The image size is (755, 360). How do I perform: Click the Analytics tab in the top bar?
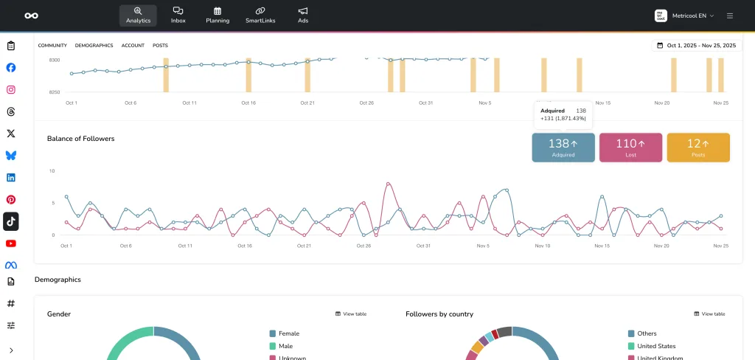point(138,15)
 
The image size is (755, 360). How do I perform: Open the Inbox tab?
point(178,15)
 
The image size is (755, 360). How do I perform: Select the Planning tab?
point(218,15)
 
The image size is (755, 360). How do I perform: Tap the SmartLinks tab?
point(260,15)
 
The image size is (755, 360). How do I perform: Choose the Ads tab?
point(303,15)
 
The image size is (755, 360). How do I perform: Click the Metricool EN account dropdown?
point(685,15)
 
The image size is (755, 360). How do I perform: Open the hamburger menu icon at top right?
point(730,15)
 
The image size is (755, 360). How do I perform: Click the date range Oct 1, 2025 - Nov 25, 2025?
point(696,46)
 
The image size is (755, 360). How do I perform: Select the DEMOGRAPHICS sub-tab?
point(94,46)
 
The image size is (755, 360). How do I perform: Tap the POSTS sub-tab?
point(160,46)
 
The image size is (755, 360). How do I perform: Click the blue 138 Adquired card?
point(563,148)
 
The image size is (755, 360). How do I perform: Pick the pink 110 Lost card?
point(630,148)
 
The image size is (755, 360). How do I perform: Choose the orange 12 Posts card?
point(698,148)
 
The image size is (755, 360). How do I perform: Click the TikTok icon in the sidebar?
point(11,221)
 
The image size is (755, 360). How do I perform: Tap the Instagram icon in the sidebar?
point(11,90)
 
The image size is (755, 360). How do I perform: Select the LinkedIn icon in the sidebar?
point(11,178)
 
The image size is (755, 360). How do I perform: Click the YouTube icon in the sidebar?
point(11,243)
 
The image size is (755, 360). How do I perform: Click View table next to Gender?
point(351,314)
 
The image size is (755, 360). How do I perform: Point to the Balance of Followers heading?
point(81,139)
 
